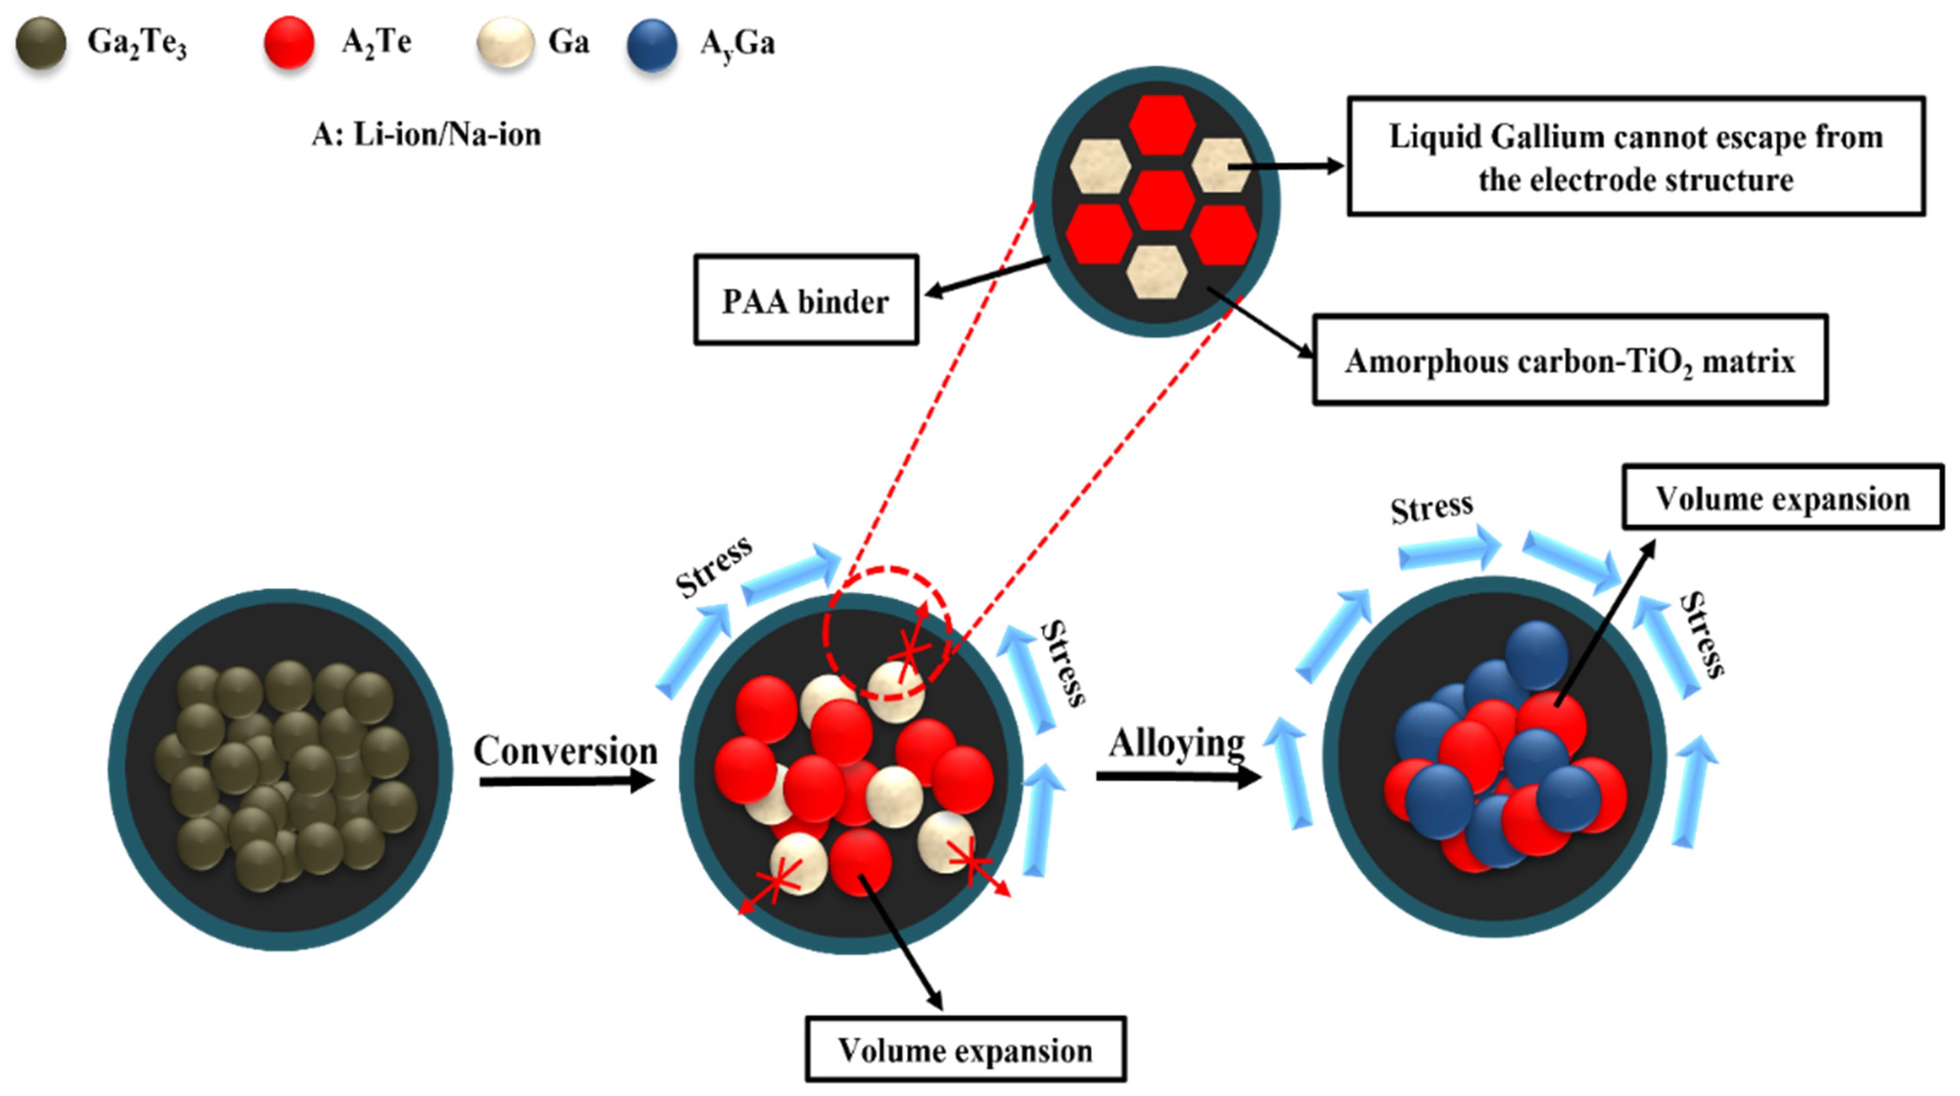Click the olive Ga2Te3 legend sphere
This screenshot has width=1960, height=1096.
pos(41,43)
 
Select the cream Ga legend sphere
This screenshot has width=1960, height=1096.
pos(504,43)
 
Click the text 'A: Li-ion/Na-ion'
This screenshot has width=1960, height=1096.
pos(426,135)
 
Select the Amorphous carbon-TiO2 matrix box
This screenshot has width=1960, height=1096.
pos(1569,360)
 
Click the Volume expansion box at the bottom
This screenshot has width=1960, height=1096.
pos(965,1050)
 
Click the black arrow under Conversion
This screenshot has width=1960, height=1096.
pos(567,781)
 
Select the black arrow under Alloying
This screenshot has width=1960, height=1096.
pos(1178,777)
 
